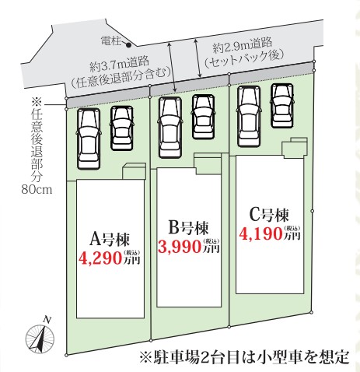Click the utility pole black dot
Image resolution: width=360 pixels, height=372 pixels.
[128, 45]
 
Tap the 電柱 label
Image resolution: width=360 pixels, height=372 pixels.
[111, 41]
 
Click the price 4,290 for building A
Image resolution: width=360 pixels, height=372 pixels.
[101, 258]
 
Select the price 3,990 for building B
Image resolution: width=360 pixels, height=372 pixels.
[180, 247]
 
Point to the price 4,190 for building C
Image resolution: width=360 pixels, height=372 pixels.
[260, 233]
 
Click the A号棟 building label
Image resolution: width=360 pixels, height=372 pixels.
[110, 240]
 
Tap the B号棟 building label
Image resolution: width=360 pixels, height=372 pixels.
[188, 228]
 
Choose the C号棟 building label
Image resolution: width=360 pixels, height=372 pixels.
[269, 215]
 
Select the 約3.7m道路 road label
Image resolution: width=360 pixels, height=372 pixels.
[120, 64]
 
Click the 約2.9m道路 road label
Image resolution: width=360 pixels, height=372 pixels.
[243, 44]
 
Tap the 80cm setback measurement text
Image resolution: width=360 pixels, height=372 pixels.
[37, 189]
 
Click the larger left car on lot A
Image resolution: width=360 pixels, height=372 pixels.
[89, 139]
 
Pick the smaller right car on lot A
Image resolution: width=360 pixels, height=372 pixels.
[122, 128]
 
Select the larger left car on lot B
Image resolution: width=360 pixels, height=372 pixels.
[170, 128]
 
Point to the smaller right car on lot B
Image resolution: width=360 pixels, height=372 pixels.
[204, 117]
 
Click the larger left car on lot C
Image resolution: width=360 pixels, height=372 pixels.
[249, 116]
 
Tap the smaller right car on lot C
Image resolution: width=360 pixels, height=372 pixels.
[282, 106]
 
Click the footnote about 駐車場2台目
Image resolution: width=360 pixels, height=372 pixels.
[244, 357]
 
